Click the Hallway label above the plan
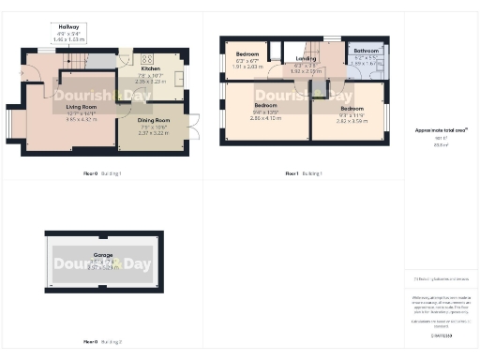(x=68, y=28)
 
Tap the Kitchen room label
(x=150, y=69)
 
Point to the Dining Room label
(x=153, y=120)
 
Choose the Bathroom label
(x=366, y=51)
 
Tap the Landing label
(x=307, y=58)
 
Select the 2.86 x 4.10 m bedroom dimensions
(x=265, y=118)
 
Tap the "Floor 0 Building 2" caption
(x=102, y=341)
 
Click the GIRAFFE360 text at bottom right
(x=441, y=335)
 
